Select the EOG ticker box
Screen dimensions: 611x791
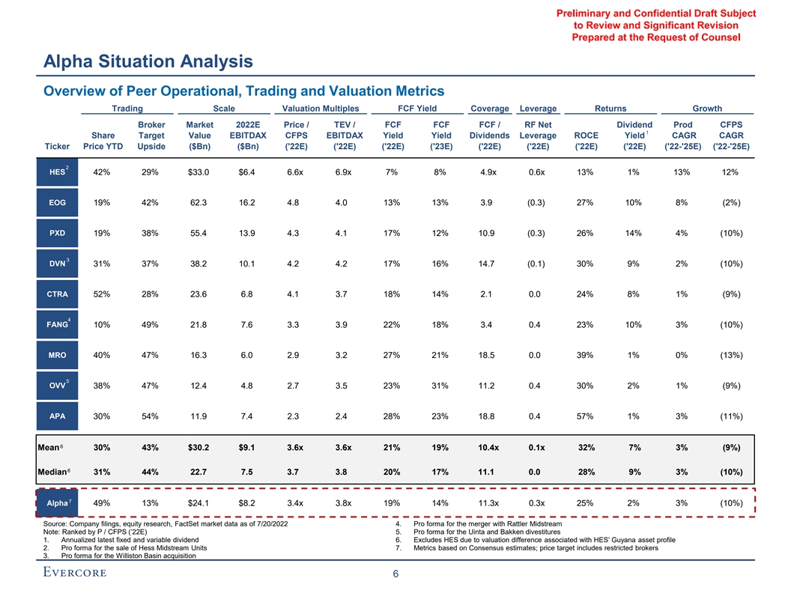(x=57, y=202)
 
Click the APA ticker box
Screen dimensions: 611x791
(x=57, y=416)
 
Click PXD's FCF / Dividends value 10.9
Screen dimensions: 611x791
(x=490, y=233)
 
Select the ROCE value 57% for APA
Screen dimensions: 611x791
(x=586, y=416)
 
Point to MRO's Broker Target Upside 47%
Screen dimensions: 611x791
(x=151, y=355)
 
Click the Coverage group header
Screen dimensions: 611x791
(x=490, y=109)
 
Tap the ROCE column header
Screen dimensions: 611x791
(x=586, y=136)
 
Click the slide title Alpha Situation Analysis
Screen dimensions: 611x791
(x=148, y=61)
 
